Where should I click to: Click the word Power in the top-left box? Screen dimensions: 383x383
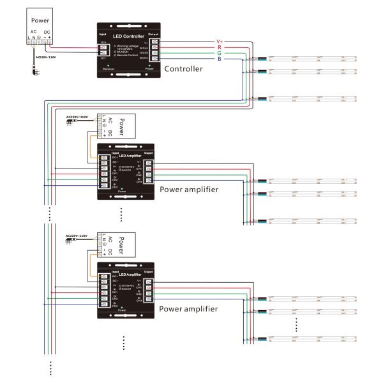click(40, 20)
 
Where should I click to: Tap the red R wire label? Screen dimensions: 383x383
click(219, 47)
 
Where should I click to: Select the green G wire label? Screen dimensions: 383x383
click(219, 53)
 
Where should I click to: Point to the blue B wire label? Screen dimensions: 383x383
click(219, 59)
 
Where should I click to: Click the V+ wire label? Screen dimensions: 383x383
click(220, 41)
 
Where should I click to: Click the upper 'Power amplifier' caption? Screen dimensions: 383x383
click(188, 190)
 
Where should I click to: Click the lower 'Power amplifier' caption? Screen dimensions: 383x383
click(188, 309)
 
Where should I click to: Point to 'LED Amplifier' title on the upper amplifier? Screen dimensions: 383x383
click(130, 156)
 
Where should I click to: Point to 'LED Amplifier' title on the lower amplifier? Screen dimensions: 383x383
click(130, 274)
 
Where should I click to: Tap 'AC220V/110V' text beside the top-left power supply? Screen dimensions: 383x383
click(45, 57)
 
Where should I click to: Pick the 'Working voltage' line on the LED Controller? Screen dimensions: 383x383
click(128, 46)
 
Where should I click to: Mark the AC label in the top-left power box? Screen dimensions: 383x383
click(34, 32)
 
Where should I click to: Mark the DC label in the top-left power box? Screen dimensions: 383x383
click(47, 32)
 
